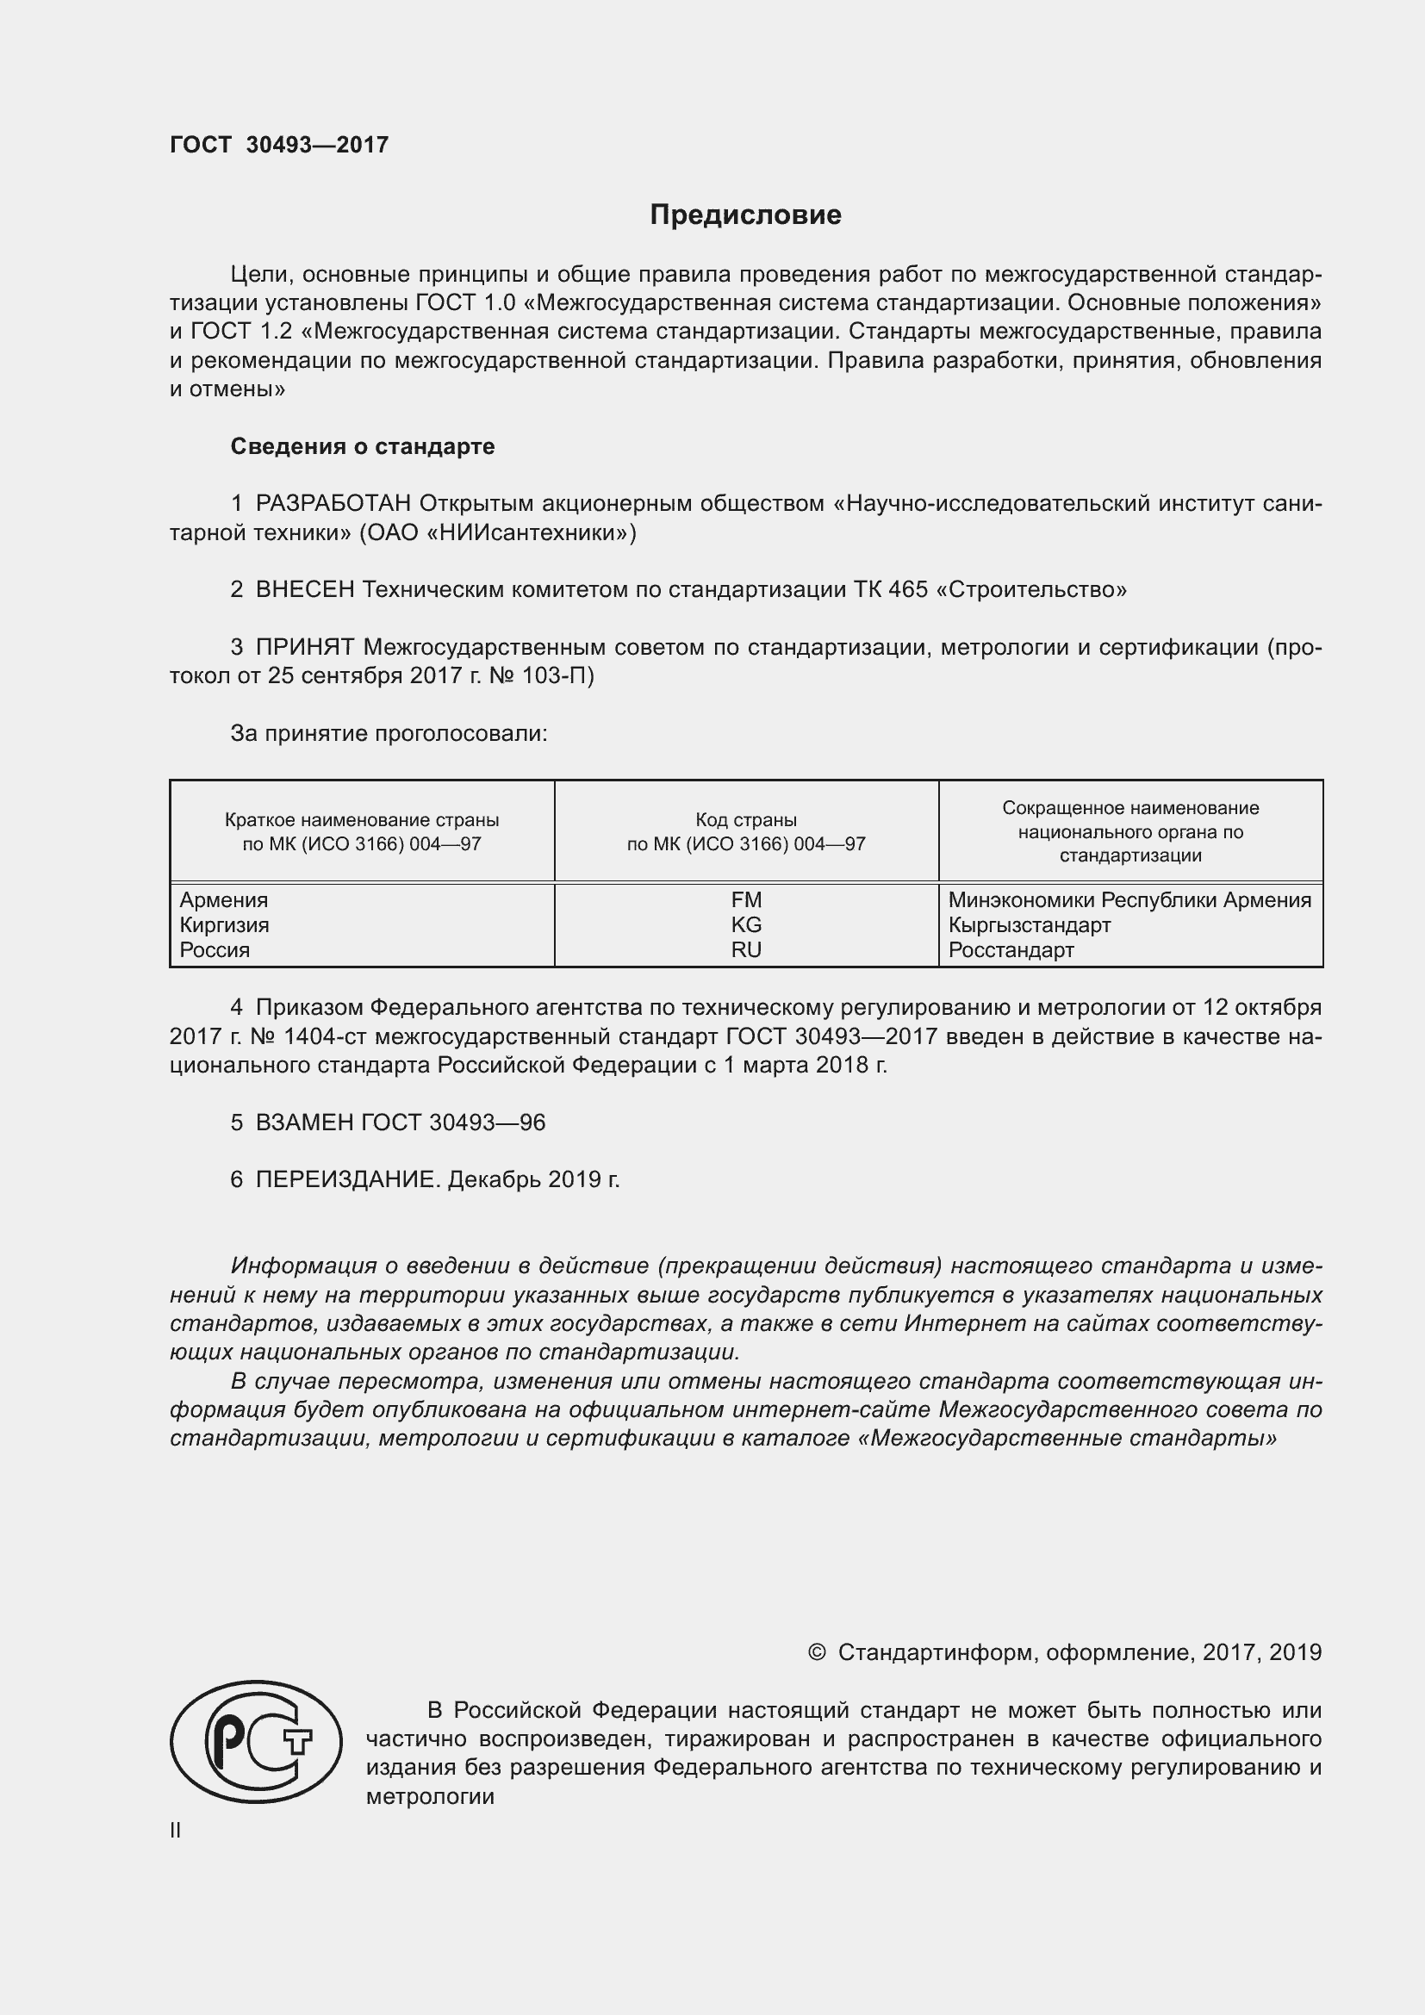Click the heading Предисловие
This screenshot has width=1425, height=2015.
745,215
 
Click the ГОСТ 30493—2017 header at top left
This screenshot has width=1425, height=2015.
279,146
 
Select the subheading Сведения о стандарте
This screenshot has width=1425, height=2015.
363,447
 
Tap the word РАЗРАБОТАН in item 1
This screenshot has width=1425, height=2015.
333,504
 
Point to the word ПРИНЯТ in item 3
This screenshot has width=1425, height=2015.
304,648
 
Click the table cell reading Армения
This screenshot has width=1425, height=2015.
224,900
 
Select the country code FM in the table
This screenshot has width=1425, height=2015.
746,900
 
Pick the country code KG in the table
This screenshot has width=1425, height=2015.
746,925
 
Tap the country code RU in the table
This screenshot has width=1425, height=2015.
746,949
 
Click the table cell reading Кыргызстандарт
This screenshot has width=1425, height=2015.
1030,925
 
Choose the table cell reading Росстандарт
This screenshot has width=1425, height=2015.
1011,949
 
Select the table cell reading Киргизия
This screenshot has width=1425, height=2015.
225,925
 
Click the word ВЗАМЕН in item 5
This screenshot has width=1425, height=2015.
304,1123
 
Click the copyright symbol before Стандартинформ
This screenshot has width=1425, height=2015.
816,1652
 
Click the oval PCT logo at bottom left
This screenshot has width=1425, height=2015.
256,1741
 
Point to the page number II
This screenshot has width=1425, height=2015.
176,1830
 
